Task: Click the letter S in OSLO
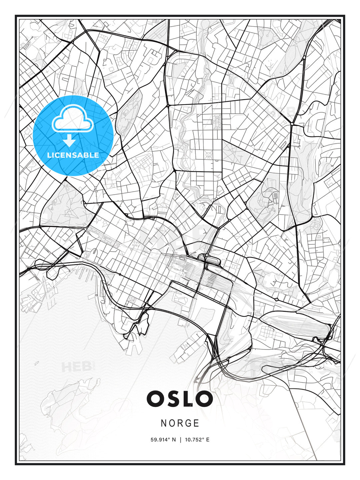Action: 172,399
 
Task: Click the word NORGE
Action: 180,423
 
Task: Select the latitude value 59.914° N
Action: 163,440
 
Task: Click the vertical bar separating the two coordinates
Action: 180,440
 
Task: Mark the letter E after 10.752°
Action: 208,440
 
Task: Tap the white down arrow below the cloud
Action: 69,141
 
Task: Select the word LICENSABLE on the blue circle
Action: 73,155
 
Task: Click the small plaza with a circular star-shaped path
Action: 209,154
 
